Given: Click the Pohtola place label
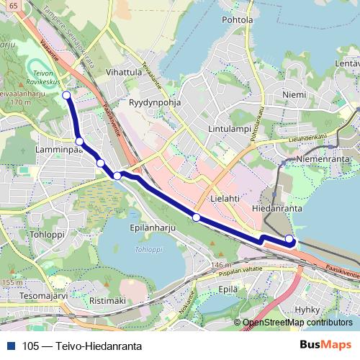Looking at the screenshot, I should tap(238, 20).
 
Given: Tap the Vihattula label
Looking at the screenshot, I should tap(123, 73).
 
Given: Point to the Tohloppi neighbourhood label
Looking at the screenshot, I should tap(48, 235).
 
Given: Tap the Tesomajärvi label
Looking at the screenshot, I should tap(43, 295).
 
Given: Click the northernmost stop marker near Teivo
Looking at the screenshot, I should tap(66, 95).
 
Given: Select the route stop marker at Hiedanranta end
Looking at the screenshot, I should tap(289, 239).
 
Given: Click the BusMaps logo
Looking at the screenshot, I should tap(325, 345).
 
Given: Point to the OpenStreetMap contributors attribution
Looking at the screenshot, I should tap(297, 323).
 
